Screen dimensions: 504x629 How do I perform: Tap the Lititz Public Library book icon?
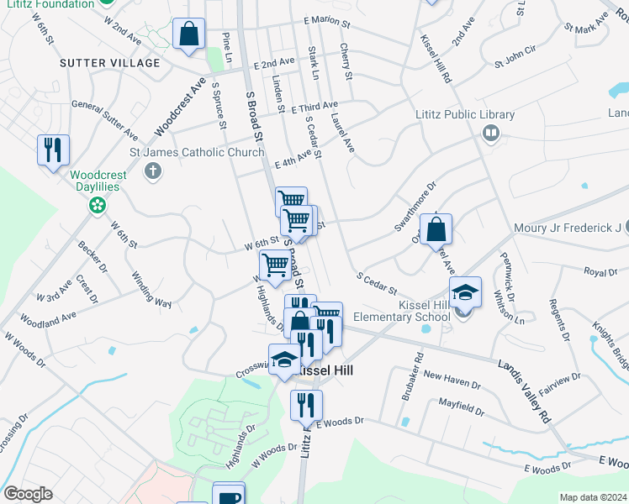(490, 132)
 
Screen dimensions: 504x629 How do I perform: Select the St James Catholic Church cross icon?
(152, 172)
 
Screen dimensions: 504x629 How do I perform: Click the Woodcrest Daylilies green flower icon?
(98, 204)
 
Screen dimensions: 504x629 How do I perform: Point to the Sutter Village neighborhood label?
(109, 63)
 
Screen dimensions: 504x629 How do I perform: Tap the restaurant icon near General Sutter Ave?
(53, 150)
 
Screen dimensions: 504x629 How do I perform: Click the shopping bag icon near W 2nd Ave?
(189, 35)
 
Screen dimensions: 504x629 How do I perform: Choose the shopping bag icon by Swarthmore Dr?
(436, 229)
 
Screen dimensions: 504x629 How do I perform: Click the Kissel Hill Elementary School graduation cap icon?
(465, 292)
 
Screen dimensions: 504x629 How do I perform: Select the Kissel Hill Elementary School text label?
(415, 310)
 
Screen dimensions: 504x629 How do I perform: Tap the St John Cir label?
(515, 60)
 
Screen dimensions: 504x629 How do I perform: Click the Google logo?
(28, 494)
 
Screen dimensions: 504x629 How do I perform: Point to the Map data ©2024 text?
(592, 497)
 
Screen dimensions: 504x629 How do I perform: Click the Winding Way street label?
(151, 289)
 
